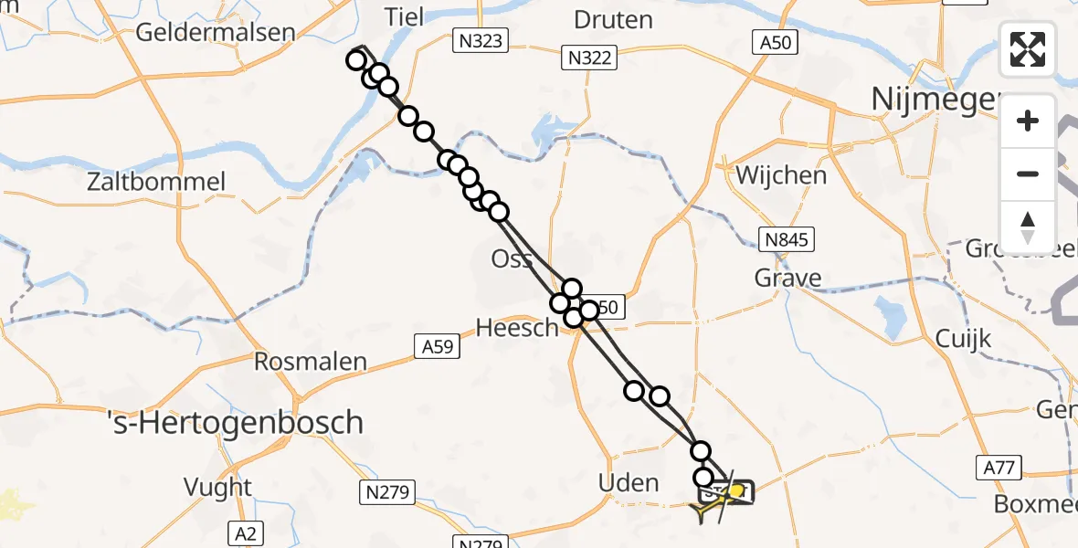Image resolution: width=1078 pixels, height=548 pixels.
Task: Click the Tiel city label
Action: coord(406,17)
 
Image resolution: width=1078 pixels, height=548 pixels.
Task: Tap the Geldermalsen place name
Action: coord(216,32)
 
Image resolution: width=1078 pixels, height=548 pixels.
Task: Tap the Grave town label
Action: coord(787,277)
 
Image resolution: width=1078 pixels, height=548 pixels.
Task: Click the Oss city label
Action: coord(513,258)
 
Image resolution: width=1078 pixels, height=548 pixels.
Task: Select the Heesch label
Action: coord(518,327)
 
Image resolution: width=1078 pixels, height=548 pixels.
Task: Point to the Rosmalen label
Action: coord(311,362)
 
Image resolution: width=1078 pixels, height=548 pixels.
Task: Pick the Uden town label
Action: coord(629,482)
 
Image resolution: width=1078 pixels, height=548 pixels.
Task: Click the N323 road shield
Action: coord(481,40)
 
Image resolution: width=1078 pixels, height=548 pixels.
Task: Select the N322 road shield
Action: coord(590,59)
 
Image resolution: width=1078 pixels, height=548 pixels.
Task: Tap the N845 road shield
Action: coord(786,240)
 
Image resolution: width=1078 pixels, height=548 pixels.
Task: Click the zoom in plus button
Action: coord(1028,121)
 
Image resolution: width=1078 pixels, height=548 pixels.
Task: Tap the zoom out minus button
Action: coord(1028,174)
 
